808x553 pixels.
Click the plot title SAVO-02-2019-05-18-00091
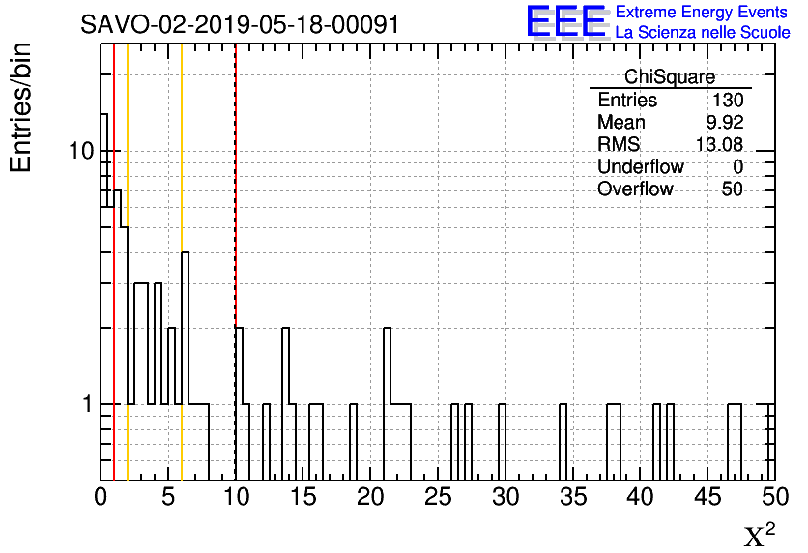click(x=240, y=23)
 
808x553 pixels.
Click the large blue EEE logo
click(x=565, y=20)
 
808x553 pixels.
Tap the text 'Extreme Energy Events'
click(x=701, y=12)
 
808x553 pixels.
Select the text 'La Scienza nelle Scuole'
click(x=702, y=32)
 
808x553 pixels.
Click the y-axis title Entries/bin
click(x=20, y=107)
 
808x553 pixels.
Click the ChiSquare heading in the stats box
click(x=670, y=77)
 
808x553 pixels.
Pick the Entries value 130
click(x=727, y=101)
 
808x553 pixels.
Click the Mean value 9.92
click(x=724, y=123)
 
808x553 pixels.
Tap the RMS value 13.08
click(x=719, y=145)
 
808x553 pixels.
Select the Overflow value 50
click(x=732, y=189)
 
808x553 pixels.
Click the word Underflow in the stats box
click(x=640, y=167)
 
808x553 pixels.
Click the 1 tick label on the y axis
click(x=86, y=404)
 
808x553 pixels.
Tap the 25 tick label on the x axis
click(x=438, y=497)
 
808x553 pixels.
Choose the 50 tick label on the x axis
click(x=773, y=497)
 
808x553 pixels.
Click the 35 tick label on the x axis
click(x=572, y=497)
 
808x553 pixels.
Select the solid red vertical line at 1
click(x=114, y=290)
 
